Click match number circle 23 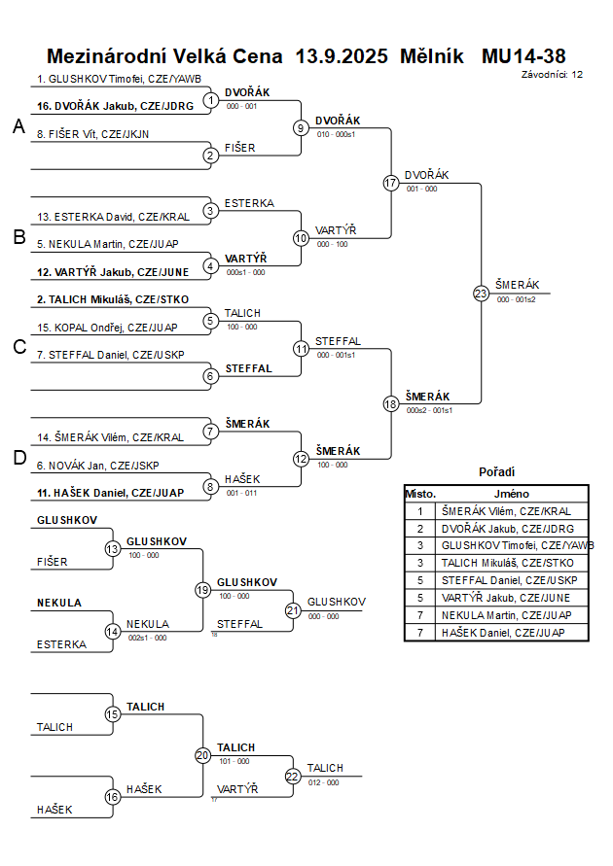[x=481, y=293]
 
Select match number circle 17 [x=391, y=183]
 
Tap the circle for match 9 [x=302, y=128]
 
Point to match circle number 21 [x=293, y=610]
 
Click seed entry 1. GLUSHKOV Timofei [x=119, y=79]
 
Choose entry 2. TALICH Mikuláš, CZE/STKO [x=113, y=299]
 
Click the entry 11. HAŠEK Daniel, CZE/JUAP [x=110, y=493]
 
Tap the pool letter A [x=18, y=127]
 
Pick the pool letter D [x=18, y=458]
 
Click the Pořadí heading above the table [x=496, y=471]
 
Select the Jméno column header [x=511, y=494]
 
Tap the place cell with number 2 [x=420, y=528]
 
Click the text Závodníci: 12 [x=552, y=74]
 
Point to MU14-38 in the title [x=523, y=56]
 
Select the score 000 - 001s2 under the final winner [x=516, y=300]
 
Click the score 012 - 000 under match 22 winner [x=323, y=781]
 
